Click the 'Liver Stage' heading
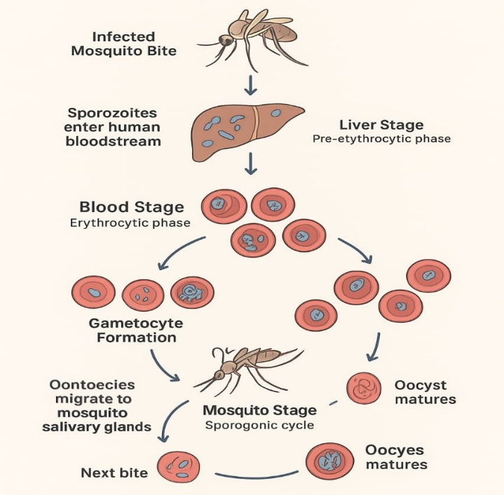pyautogui.click(x=381, y=125)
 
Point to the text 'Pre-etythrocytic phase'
pyautogui.click(x=381, y=139)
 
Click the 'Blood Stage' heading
pyautogui.click(x=132, y=207)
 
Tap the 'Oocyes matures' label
pyautogui.click(x=396, y=457)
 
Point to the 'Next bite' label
pyautogui.click(x=114, y=473)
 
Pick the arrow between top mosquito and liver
pyautogui.click(x=251, y=86)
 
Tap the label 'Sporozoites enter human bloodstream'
pyautogui.click(x=112, y=127)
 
